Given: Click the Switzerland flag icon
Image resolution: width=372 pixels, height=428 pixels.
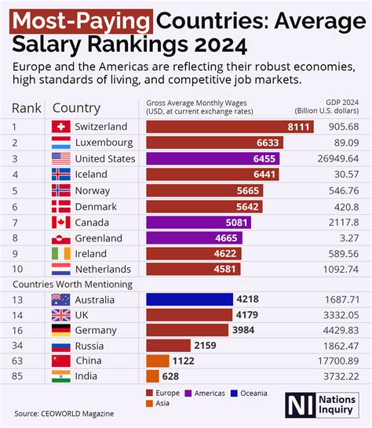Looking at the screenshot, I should [x=60, y=126].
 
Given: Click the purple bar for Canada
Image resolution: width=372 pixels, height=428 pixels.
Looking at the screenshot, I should [x=207, y=223].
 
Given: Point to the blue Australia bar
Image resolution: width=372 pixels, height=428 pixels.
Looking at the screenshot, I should [x=190, y=299].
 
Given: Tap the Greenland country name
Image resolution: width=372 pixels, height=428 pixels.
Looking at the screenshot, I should [x=97, y=238].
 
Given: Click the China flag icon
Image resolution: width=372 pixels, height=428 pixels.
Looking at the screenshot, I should [x=60, y=361].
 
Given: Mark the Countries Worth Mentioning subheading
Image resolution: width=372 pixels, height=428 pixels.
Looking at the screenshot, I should [x=71, y=284].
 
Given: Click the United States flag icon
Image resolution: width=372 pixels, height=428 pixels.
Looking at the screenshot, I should [x=60, y=158].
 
